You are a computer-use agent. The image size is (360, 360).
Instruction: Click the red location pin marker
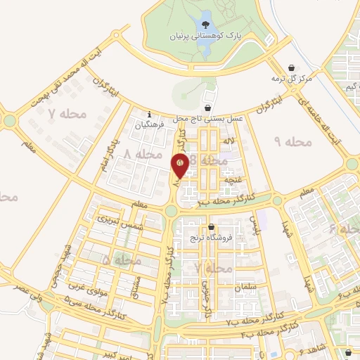[180, 165]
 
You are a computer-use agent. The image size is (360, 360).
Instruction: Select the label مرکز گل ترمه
[293, 79]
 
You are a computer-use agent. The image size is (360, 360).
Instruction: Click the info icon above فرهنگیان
[149, 115]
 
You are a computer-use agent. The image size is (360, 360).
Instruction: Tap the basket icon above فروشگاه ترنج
[212, 227]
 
